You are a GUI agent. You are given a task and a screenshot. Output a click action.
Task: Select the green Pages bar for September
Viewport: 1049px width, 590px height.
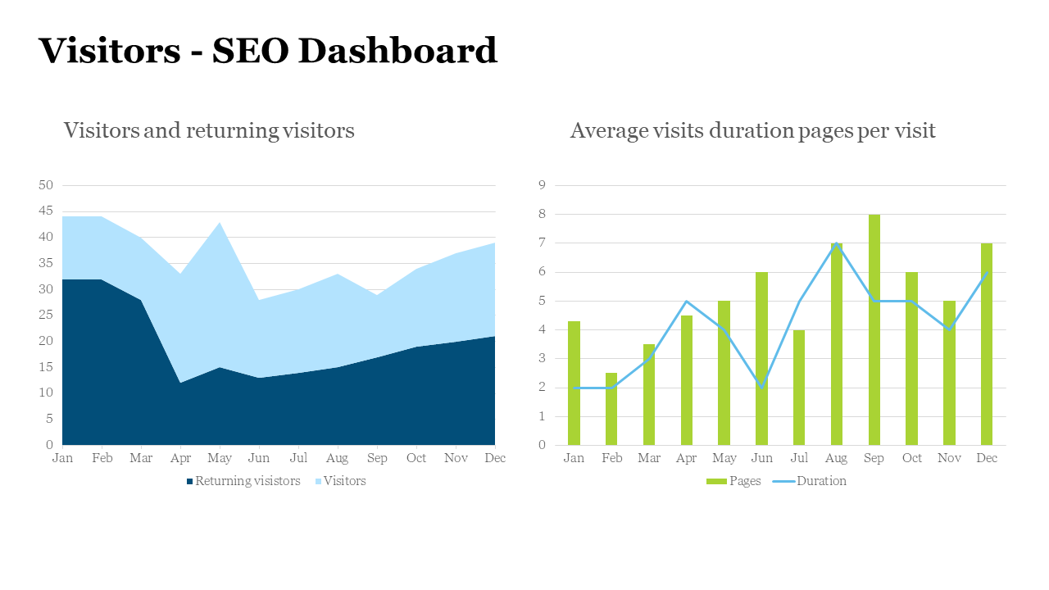[x=874, y=328]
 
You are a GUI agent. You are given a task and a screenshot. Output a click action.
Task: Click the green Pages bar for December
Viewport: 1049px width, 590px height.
[x=987, y=344]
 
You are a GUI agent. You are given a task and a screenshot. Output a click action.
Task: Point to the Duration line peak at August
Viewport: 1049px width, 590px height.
[x=837, y=243]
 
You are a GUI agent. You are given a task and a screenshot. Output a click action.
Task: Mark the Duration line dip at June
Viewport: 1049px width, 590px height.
[x=761, y=387]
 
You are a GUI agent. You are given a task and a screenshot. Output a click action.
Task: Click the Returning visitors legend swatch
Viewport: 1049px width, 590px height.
[x=190, y=482]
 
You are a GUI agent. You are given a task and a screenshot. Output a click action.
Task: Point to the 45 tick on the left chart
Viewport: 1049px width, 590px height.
[x=46, y=211]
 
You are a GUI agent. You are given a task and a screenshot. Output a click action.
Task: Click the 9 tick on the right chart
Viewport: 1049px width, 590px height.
[x=542, y=185]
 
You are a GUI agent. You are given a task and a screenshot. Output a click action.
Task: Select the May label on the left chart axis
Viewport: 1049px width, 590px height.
[x=220, y=458]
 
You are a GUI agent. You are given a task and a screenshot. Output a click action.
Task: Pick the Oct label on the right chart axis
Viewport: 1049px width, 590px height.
[x=911, y=458]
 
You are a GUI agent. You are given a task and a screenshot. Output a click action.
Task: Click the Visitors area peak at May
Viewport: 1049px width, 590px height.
[x=220, y=224]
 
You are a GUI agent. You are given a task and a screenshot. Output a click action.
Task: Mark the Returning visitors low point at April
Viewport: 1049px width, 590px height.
[x=180, y=383]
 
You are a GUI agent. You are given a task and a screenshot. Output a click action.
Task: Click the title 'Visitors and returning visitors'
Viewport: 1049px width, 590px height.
[x=209, y=130]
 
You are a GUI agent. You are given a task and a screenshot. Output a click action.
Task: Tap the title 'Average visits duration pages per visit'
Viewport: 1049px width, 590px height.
[x=752, y=130]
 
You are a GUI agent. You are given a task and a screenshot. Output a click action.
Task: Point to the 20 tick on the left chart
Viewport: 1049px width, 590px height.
[x=46, y=341]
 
